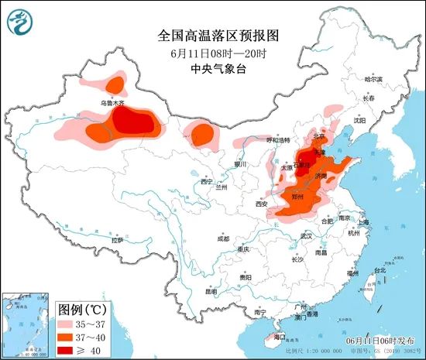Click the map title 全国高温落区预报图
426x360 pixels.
(x=212, y=36)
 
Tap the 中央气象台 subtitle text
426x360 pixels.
(x=212, y=68)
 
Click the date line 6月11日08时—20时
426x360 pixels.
(x=212, y=53)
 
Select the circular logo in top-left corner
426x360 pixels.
(x=21, y=21)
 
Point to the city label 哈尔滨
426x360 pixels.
(x=373, y=79)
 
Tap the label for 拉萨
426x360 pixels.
(x=117, y=241)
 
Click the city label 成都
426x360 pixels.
(x=224, y=238)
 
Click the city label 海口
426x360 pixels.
(x=280, y=337)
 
